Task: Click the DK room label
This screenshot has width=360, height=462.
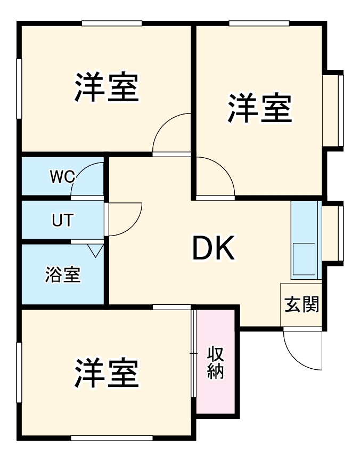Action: (213, 249)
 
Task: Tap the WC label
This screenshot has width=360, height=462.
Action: (62, 177)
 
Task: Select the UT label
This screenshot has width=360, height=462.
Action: (63, 220)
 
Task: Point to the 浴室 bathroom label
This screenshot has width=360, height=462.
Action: (62, 275)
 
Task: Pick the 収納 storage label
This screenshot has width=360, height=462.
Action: (215, 362)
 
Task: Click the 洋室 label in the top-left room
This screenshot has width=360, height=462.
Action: (107, 88)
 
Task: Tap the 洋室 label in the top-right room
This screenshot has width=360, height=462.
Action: (260, 109)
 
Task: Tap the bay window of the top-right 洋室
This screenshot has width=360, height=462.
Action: (334, 111)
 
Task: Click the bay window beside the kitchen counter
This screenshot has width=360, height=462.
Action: (334, 233)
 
